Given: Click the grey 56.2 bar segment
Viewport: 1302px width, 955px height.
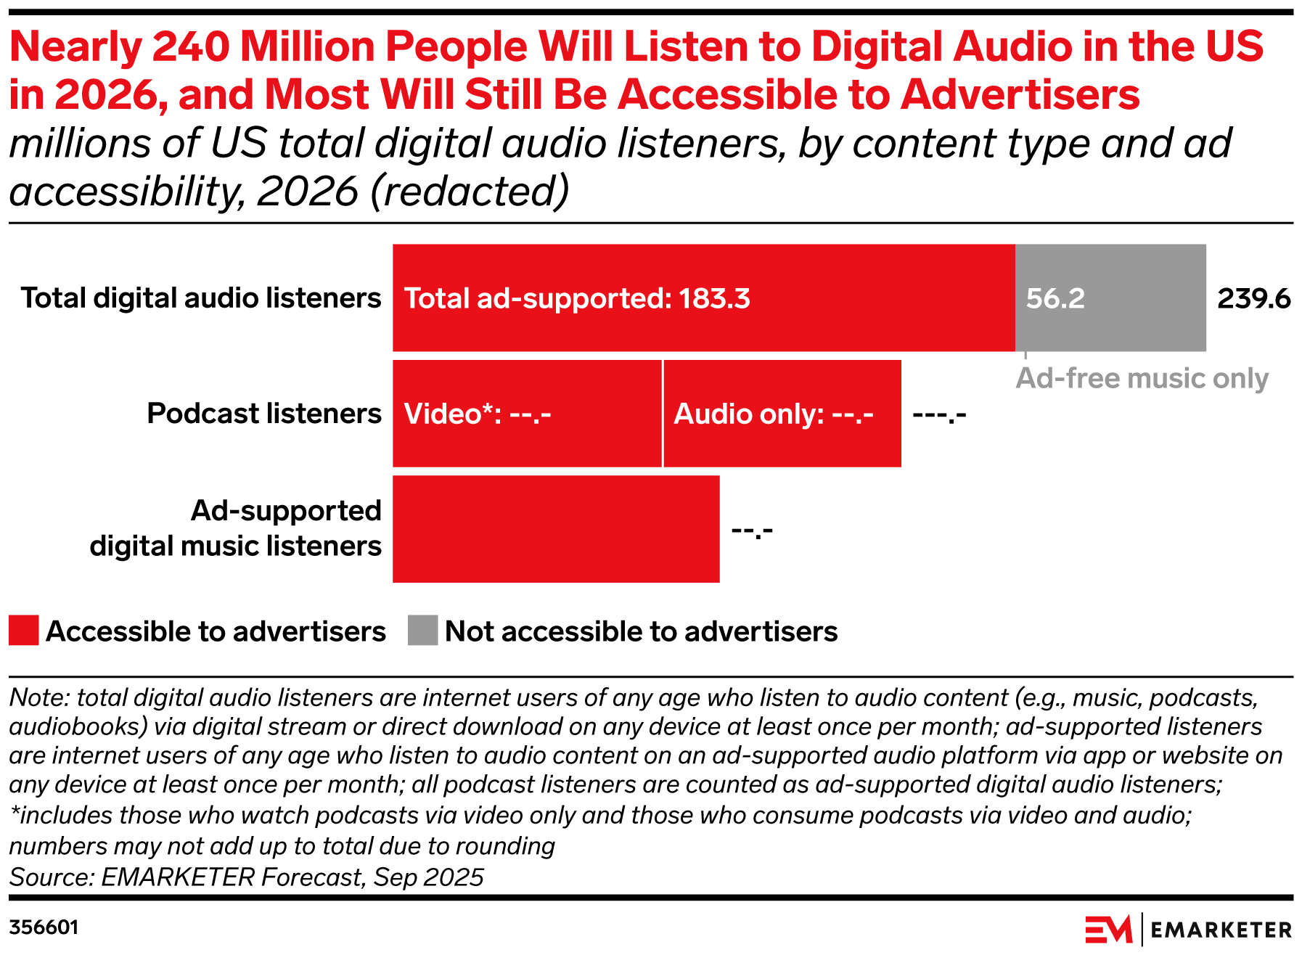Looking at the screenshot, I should (1110, 298).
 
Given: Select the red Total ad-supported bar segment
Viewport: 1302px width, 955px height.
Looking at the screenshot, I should (703, 298).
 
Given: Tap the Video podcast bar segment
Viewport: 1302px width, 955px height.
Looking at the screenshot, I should (527, 414).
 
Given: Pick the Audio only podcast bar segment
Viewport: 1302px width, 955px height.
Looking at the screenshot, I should (782, 414).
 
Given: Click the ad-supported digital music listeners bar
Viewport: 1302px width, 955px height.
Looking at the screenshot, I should (556, 529).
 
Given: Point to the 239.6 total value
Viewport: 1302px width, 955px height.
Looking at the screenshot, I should (1253, 298).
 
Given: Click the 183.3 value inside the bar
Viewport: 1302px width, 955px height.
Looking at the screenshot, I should (714, 298).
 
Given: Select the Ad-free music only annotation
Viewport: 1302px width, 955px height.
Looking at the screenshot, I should (1142, 378).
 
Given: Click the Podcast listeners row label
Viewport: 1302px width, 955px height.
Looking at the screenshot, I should (264, 414).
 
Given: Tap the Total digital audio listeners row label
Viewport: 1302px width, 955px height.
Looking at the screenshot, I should (201, 298).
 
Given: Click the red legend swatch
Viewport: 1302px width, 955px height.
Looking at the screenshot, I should (24, 631).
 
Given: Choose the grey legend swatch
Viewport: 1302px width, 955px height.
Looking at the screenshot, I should (422, 631).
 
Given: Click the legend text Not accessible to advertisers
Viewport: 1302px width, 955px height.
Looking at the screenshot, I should (641, 631).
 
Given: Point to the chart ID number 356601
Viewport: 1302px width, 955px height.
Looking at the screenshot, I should (44, 927).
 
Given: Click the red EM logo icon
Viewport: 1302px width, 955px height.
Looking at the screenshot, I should (1108, 930).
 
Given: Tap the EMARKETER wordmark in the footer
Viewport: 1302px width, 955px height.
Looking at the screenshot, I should (1221, 930).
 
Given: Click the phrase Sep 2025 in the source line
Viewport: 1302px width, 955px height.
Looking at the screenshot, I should (428, 877).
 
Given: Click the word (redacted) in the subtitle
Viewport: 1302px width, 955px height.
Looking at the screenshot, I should (470, 192).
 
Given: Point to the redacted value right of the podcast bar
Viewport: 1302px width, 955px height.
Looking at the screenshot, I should (939, 415).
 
